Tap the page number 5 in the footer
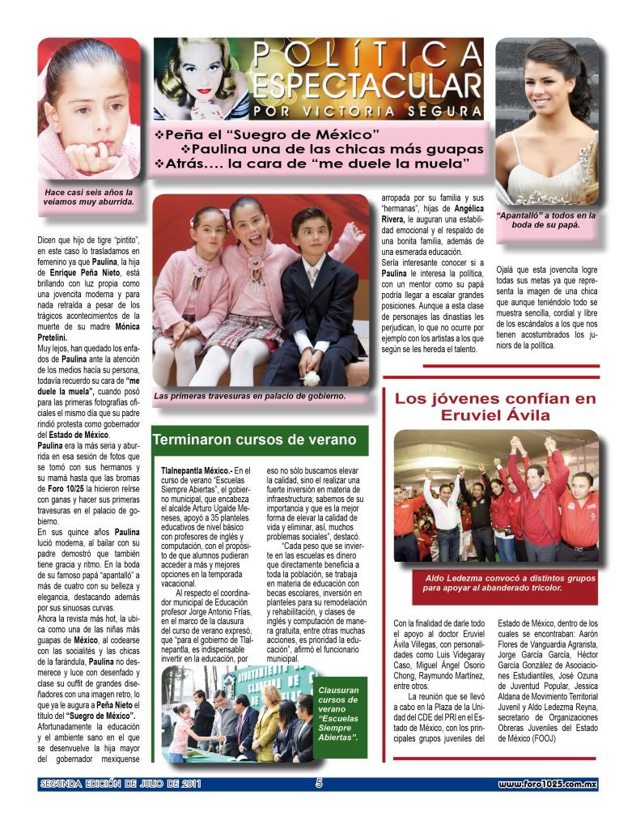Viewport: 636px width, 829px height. point(319,784)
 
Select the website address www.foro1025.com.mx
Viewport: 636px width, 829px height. point(547,784)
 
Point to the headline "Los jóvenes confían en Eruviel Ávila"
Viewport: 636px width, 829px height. point(494,406)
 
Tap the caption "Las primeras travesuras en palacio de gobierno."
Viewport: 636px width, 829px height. point(250,396)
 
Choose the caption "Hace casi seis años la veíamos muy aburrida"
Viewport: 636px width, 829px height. point(89,198)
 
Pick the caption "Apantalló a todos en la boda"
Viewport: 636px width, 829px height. point(547,220)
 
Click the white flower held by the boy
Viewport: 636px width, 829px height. point(312,376)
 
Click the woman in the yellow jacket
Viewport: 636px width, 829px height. point(268,717)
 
